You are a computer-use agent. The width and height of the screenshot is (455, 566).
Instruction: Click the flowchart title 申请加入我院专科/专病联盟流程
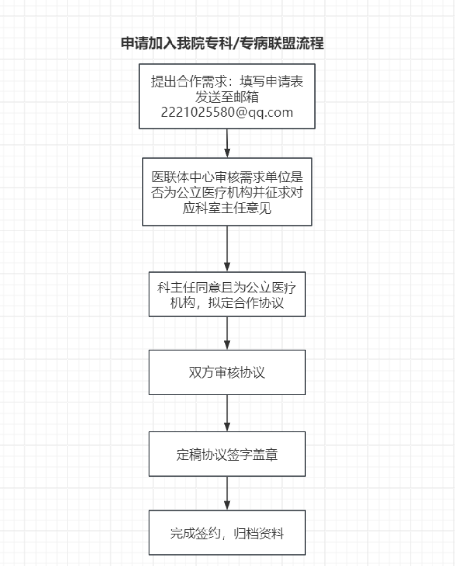pos(223,44)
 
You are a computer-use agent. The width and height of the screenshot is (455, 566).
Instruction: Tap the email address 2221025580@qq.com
pos(227,112)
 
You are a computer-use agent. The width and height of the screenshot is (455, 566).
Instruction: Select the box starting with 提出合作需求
pos(227,96)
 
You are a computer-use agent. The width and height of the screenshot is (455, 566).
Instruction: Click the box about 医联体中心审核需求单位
pos(227,192)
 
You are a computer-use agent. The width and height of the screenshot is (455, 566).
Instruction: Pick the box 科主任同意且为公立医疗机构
pos(227,294)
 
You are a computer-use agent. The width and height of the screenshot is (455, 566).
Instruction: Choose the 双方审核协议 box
pos(227,372)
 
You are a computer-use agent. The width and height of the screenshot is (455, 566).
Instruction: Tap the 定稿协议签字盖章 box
pos(227,454)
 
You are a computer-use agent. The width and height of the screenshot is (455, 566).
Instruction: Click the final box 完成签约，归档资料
pos(227,533)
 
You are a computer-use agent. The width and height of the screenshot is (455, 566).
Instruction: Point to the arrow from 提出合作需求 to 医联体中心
pos(227,143)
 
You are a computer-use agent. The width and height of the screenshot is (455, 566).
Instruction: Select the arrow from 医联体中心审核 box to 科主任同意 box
pos(227,248)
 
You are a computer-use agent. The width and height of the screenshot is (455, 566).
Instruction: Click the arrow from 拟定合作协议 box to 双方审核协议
pos(227,333)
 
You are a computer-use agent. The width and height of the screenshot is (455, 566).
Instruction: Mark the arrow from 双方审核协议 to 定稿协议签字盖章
pos(227,412)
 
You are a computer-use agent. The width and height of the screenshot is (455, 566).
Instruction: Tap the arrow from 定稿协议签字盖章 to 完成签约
pos(227,493)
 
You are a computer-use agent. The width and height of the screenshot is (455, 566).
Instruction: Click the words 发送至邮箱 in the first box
pos(227,97)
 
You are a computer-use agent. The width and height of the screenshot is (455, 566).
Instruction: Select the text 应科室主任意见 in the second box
pos(227,208)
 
